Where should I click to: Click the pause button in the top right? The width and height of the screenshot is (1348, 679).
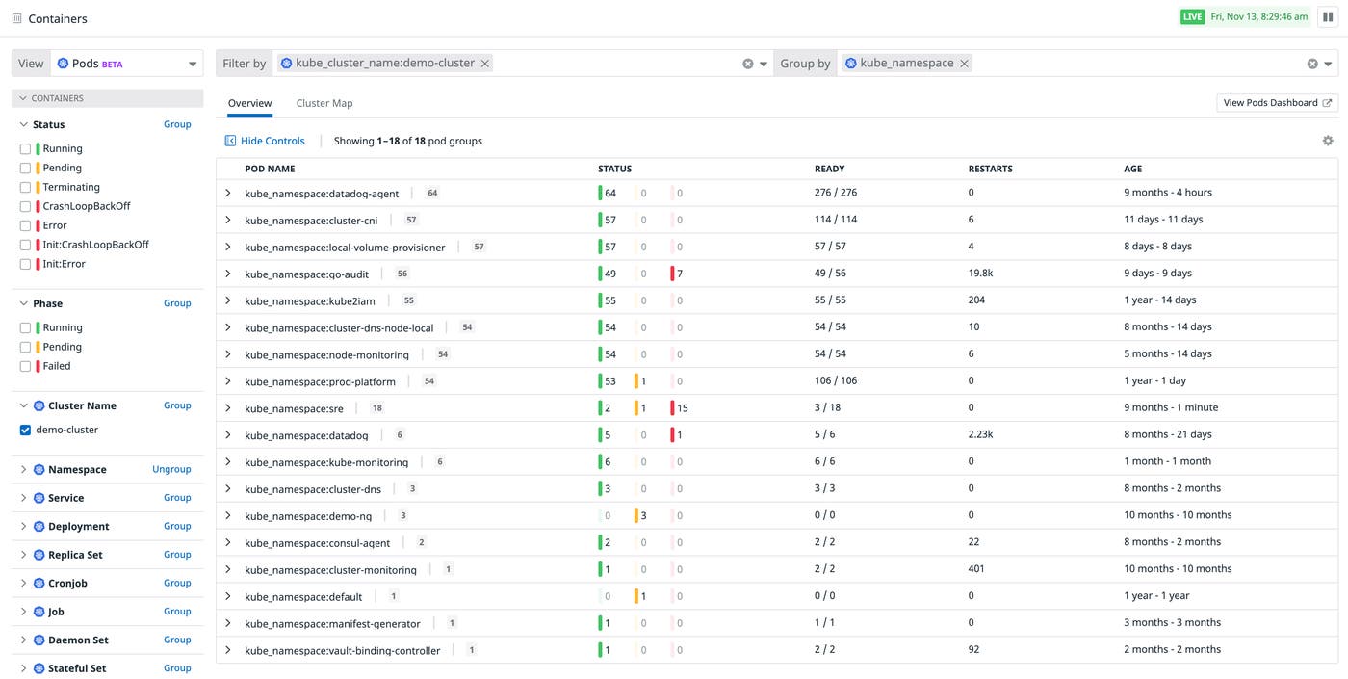coord(1328,17)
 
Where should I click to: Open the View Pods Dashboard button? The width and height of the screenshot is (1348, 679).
coord(1277,103)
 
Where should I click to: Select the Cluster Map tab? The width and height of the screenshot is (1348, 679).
coord(324,103)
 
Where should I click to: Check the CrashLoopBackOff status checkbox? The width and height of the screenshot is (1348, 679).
coord(26,206)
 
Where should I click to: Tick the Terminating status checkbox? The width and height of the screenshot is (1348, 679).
coord(26,187)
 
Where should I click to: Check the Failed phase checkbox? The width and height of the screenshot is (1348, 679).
coord(26,366)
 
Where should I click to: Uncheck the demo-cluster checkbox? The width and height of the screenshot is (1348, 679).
coord(26,431)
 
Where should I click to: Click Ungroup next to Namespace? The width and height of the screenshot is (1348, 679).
coord(171,469)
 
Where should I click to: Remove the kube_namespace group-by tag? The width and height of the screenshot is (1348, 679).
coord(964,64)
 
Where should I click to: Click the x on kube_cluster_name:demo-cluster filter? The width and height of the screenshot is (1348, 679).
coord(485,64)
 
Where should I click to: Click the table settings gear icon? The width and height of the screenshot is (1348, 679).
coord(1328,141)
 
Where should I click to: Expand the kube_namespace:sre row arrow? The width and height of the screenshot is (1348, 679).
coord(228,408)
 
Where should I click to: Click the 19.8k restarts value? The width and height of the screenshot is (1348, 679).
coord(980,274)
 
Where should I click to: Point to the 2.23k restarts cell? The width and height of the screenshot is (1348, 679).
coord(980,434)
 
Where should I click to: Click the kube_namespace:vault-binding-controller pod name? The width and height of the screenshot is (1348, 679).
coord(342,651)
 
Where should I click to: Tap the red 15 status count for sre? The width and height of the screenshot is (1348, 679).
coord(682,408)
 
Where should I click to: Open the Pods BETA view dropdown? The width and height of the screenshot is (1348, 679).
coord(125,64)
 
